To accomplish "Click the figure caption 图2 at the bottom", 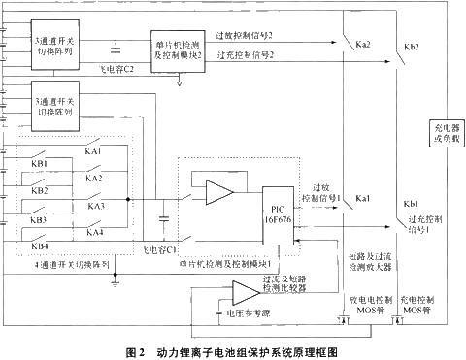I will [136, 348].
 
